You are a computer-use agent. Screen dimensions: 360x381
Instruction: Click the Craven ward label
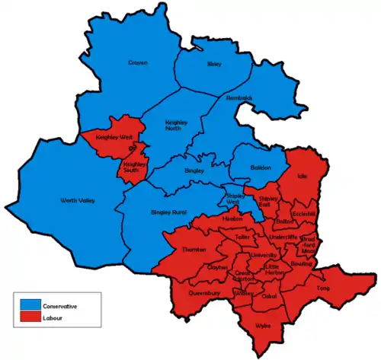138,62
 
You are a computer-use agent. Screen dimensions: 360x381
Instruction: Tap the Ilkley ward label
214,65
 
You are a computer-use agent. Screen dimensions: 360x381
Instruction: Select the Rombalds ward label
239,98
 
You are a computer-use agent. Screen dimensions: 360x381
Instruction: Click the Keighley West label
113,137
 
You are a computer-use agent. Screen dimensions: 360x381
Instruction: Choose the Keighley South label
134,165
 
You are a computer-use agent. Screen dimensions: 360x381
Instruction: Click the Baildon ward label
261,168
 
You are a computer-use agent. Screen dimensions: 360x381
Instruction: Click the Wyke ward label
264,324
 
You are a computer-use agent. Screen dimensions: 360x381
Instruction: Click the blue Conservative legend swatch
31,305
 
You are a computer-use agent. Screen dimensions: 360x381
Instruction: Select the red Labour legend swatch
31,317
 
